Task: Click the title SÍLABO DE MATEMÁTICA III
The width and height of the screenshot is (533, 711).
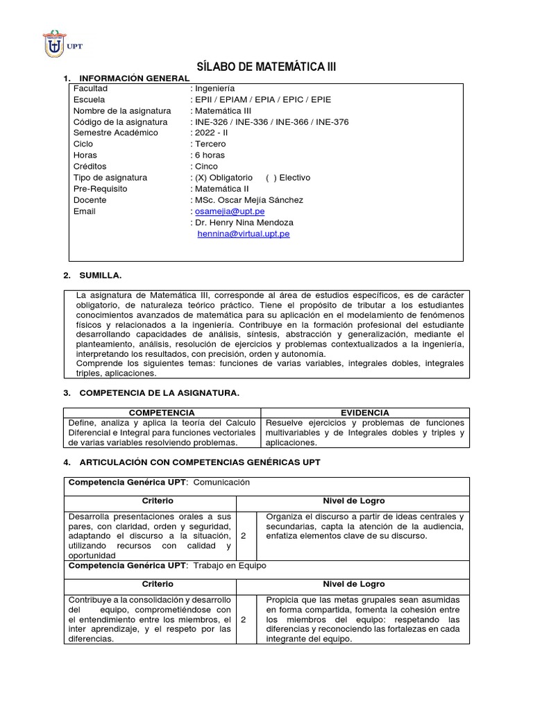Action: coord(266,67)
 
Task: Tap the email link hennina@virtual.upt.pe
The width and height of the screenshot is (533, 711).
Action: coord(244,234)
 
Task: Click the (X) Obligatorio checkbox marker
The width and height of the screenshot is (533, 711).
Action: coord(201,178)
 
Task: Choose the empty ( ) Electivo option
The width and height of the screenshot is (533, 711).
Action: coord(270,178)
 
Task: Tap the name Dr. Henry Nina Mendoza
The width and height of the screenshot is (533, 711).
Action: coord(244,222)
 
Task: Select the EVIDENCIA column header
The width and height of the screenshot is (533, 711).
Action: coord(365,412)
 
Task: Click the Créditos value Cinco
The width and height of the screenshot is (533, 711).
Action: coord(206,167)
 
